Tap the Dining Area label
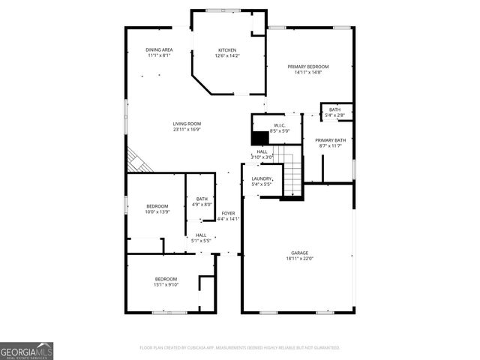[159, 52]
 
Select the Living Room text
[187, 127]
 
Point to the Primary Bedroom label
[308, 69]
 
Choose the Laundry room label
[262, 181]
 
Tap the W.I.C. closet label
[279, 128]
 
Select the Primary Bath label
[330, 143]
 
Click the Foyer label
[228, 216]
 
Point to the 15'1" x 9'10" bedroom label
[166, 281]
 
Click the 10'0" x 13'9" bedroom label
[157, 208]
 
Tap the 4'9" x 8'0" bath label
[202, 202]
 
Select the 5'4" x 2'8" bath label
[334, 112]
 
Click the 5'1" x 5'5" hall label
[202, 238]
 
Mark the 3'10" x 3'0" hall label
[262, 154]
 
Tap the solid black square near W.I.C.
[260, 139]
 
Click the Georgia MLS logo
[27, 350]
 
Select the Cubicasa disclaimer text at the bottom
[240, 348]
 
